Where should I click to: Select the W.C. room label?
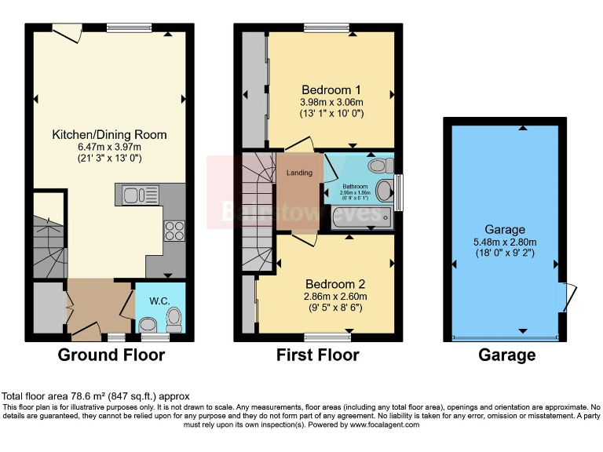coord(159,299)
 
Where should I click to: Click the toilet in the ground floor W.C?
coord(174,318)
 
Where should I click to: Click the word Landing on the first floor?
coord(299,173)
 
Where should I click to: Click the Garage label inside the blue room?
coord(504,229)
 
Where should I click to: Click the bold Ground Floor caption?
coord(111,355)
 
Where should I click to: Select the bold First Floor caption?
coord(317,355)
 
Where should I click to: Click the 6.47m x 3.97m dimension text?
coord(109,147)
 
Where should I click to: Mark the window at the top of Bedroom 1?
coord(327,27)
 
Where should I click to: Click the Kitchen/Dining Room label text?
coord(109,134)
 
